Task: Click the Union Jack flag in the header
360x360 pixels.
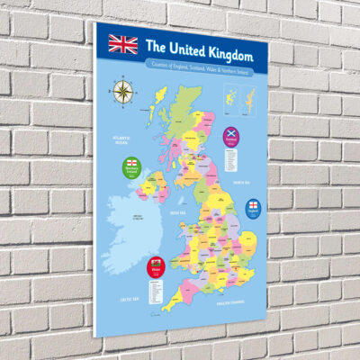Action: tap(123, 43)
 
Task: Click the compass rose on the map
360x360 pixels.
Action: tap(121, 90)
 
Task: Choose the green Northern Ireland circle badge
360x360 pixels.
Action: tap(132, 169)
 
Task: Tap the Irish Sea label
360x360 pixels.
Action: tap(176, 212)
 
